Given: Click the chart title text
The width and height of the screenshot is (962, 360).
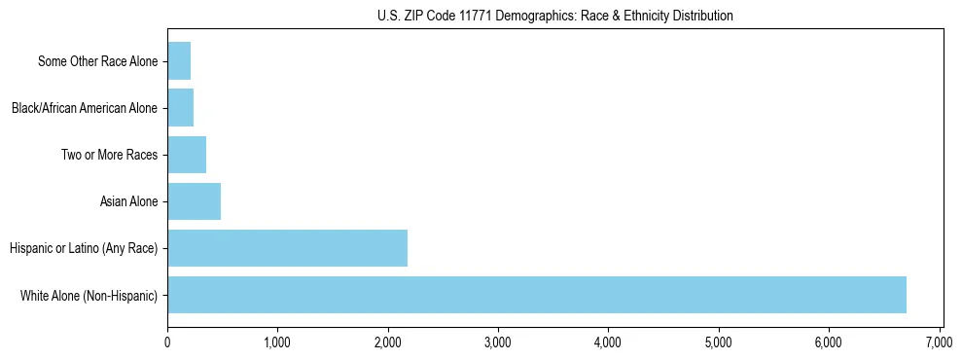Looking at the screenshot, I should pos(554,16).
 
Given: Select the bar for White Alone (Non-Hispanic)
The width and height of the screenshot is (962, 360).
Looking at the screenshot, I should pos(537,295).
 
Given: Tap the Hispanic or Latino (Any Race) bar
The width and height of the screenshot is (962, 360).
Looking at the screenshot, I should pos(287,248).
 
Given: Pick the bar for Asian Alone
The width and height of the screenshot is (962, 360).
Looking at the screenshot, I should pos(194,201).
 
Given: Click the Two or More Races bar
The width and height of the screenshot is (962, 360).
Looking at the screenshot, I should pos(187,155).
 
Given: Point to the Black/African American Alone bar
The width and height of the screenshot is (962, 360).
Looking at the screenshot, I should pos(180,108).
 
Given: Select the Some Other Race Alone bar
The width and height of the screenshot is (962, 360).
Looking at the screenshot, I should pos(179,61).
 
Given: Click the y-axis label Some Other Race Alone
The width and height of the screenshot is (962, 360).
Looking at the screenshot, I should pos(97,61).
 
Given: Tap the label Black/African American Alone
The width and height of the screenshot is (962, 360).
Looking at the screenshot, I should pos(84,108).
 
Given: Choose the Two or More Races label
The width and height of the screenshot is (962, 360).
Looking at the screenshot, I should pos(109,155).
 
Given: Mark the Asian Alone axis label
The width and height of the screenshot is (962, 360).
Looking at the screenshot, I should pos(128,201).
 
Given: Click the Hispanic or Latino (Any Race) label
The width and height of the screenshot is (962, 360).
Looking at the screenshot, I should pos(83,248).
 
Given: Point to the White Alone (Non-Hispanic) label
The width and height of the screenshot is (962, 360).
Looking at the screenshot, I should pos(89,295).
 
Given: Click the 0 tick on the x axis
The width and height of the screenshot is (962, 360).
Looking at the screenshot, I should pos(167,342).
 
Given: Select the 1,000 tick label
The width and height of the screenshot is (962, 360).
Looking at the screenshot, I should pos(277,342).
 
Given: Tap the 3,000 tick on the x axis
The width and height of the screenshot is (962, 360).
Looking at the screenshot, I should pos(498,342).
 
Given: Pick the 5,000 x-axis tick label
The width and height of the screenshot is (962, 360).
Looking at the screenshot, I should pos(719,342).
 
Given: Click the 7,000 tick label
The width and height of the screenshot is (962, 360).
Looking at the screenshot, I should pos(940,342).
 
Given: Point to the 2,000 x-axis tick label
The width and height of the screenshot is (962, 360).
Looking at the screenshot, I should pos(388,342).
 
